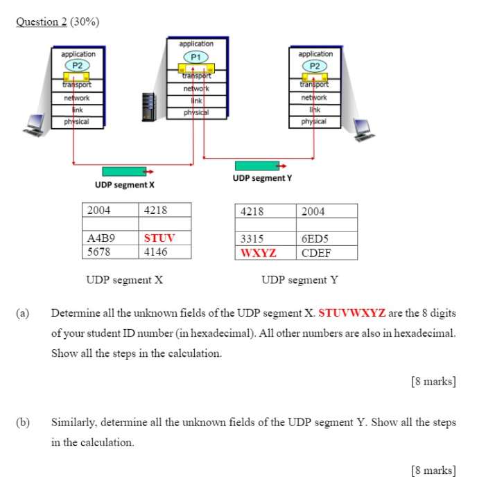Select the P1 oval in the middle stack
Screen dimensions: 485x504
tap(196, 56)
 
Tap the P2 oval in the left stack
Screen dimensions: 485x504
tap(78, 65)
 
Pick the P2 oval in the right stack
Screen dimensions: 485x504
tap(315, 66)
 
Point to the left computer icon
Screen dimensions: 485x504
tap(35, 125)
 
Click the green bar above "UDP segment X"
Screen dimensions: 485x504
tap(125, 171)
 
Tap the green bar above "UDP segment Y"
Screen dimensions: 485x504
tap(257, 166)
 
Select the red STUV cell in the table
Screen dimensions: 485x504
tap(159, 238)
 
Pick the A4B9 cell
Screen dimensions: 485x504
tap(101, 238)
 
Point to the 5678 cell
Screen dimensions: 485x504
tap(98, 252)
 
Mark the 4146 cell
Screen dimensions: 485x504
tap(156, 252)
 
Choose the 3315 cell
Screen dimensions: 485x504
tap(252, 239)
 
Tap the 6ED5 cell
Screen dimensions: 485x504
tap(316, 239)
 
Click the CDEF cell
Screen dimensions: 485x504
tap(317, 253)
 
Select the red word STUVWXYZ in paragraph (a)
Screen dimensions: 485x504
tap(351, 312)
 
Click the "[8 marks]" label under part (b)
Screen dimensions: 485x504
tap(433, 471)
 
